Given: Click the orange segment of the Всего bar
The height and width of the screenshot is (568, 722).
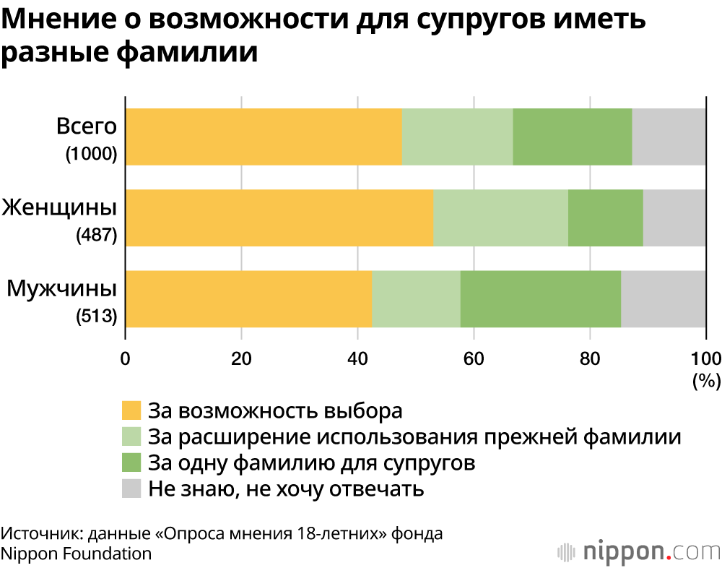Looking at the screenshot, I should (264, 137).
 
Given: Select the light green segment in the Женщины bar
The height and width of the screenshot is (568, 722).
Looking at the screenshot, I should (500, 218).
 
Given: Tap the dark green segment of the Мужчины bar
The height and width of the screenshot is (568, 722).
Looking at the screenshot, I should (540, 298).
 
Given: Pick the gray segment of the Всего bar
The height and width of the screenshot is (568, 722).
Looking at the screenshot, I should (669, 137).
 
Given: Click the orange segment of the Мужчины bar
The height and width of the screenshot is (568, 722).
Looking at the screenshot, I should (248, 298).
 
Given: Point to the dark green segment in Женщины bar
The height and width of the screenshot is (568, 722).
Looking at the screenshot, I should (605, 218).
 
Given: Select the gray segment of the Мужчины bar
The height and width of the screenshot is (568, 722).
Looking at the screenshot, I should (663, 298).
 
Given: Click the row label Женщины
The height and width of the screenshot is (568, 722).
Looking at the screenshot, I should (59, 208).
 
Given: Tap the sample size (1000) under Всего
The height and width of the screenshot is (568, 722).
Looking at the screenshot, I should (91, 154).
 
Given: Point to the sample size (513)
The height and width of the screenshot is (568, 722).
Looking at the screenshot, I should (97, 316).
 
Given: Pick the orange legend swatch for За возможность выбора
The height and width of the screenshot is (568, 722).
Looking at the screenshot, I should (131, 410).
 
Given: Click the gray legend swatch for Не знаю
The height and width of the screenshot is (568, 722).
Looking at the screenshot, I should (131, 489).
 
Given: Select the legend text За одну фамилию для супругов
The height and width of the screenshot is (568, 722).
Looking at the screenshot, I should (311, 462).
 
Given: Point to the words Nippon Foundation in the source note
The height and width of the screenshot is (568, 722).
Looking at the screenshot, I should (76, 554).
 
